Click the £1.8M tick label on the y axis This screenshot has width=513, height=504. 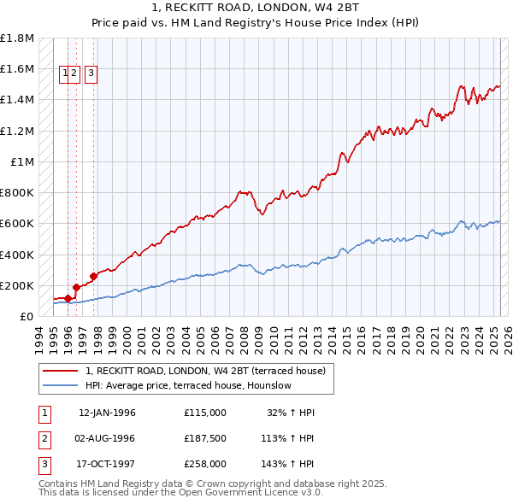coord(17,38)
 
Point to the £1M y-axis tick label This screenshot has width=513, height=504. coord(23,161)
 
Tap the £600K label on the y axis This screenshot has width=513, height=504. coord(17,224)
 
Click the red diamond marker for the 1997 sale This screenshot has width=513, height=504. coord(93,276)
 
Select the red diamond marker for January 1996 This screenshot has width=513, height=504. coord(68,298)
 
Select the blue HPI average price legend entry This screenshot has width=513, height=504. coord(188,385)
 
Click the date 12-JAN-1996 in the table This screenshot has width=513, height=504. coord(107,413)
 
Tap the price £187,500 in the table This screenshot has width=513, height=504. coord(204,438)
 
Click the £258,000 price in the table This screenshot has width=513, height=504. coord(204,464)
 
